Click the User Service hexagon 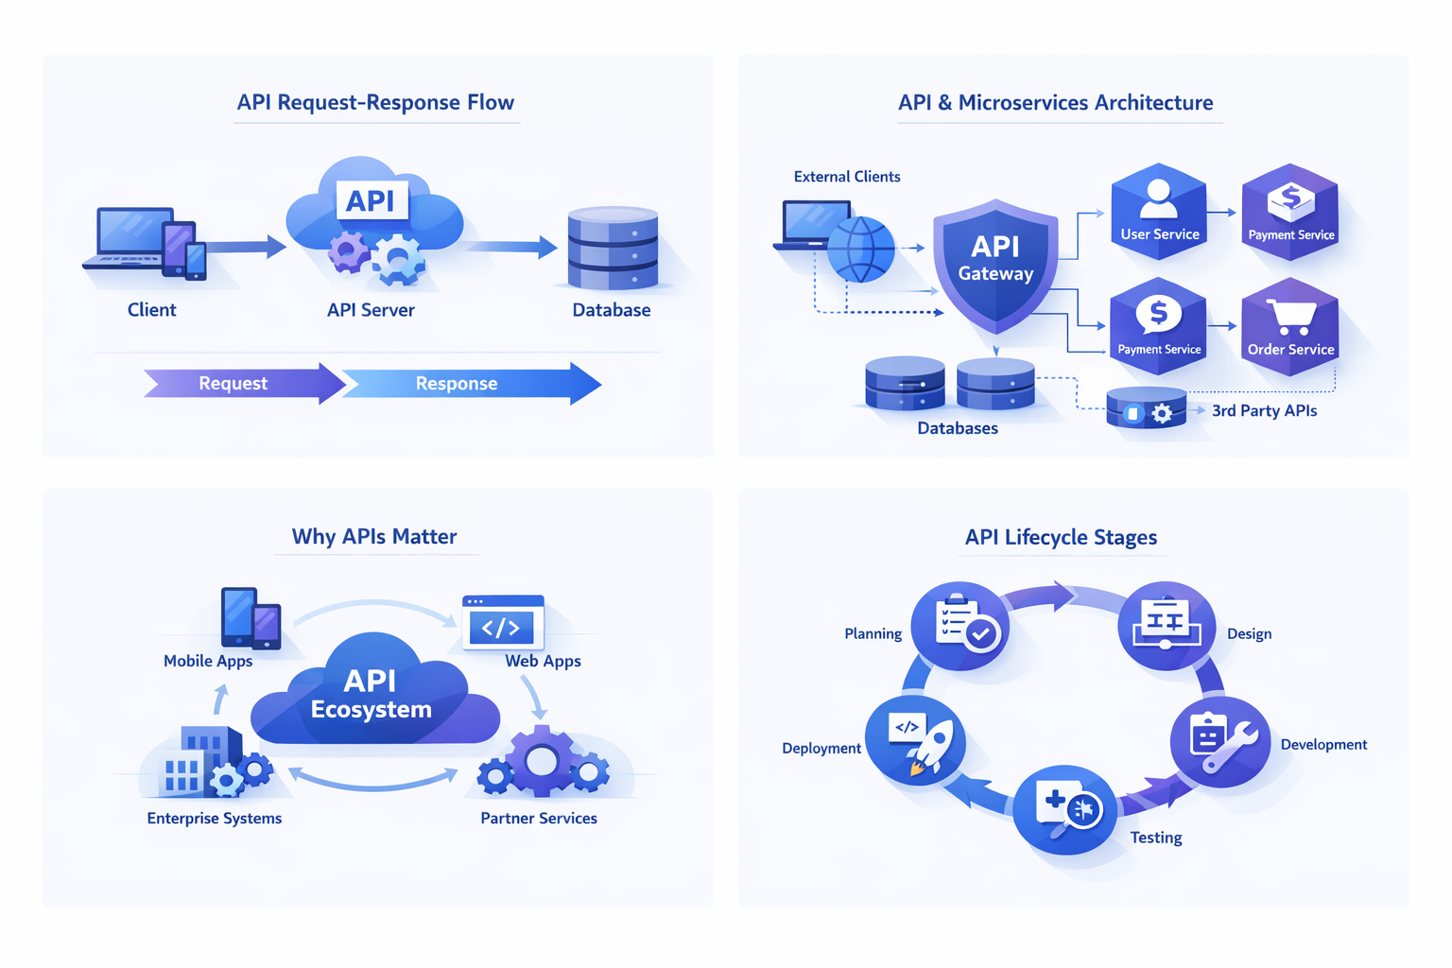pos(1159,213)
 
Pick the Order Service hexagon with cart pos(1290,326)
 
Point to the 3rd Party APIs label pos(1264,410)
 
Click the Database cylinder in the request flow pos(613,248)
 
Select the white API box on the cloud pos(371,200)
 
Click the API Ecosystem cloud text pos(371,695)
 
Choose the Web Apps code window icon pos(503,622)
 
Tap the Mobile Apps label pos(208,661)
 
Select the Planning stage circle pos(960,627)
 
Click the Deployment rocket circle pos(915,740)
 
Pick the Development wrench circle pos(1219,741)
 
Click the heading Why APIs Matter pos(374,536)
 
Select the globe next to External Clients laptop pos(860,250)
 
